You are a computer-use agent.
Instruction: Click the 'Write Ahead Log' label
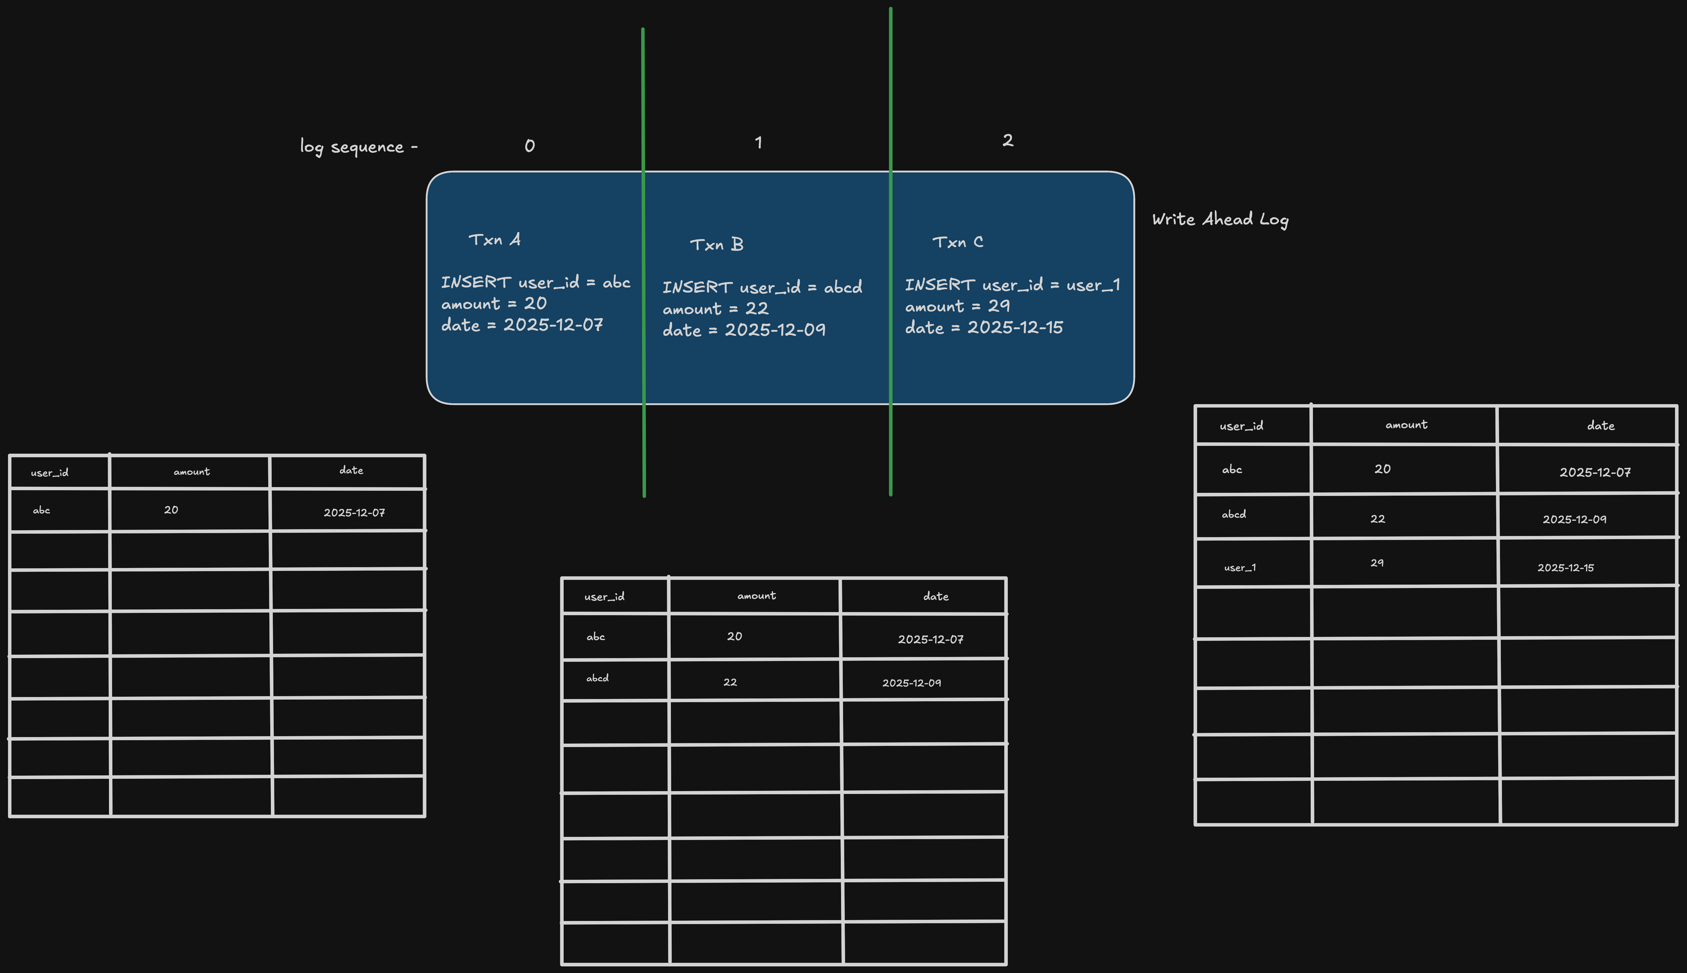pyautogui.click(x=1220, y=220)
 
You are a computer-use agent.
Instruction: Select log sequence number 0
pyautogui.click(x=530, y=146)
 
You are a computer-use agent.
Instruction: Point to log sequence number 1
pyautogui.click(x=758, y=142)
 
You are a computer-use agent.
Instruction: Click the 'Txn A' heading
pyautogui.click(x=494, y=240)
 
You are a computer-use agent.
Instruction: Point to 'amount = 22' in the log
pyautogui.click(x=716, y=309)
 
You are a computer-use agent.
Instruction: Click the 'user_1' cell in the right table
pyautogui.click(x=1240, y=567)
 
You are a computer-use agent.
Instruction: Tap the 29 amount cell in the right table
pyautogui.click(x=1377, y=563)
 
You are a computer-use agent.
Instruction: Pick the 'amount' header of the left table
pyautogui.click(x=192, y=472)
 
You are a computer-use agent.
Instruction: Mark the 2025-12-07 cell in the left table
pyautogui.click(x=354, y=513)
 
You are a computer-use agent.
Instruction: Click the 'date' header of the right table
pyautogui.click(x=1601, y=426)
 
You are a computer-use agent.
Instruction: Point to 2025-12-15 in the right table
pyautogui.click(x=1565, y=567)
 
